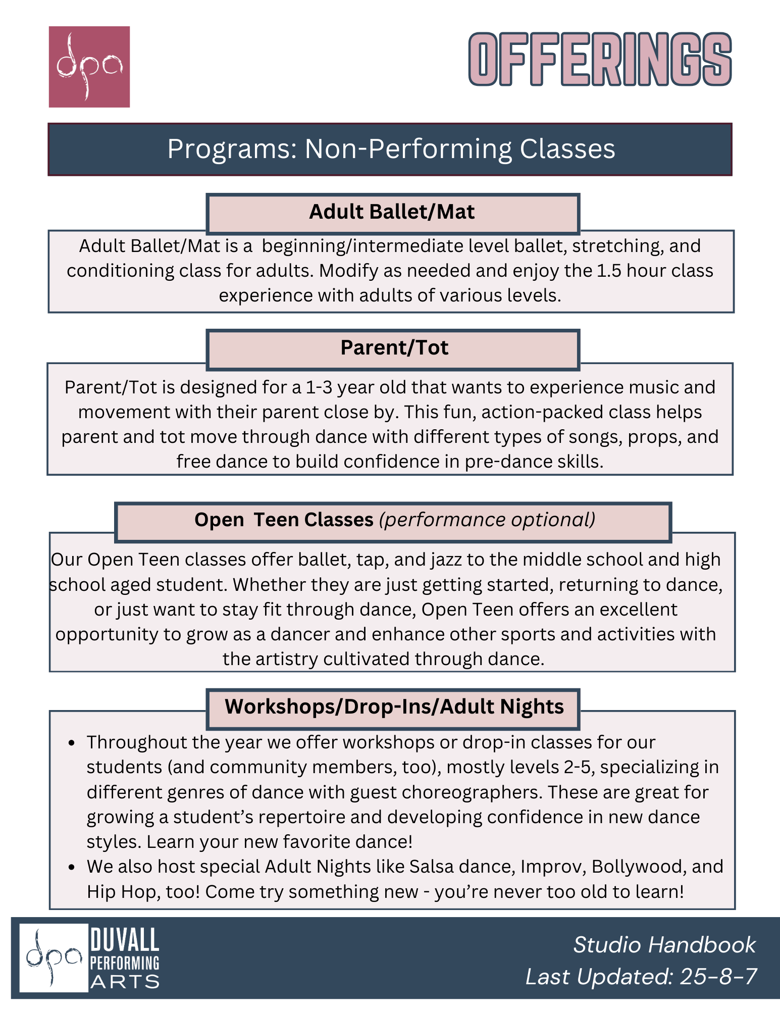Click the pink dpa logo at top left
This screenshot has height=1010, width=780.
(x=89, y=67)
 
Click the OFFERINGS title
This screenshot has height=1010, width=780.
(x=600, y=60)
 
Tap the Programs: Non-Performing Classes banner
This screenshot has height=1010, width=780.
(x=390, y=149)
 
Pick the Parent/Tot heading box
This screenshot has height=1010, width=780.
(x=394, y=348)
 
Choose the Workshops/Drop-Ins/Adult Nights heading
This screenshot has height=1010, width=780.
(x=394, y=707)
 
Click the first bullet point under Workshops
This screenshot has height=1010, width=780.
(x=72, y=743)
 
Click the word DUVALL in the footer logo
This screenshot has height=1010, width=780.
(x=124, y=940)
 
